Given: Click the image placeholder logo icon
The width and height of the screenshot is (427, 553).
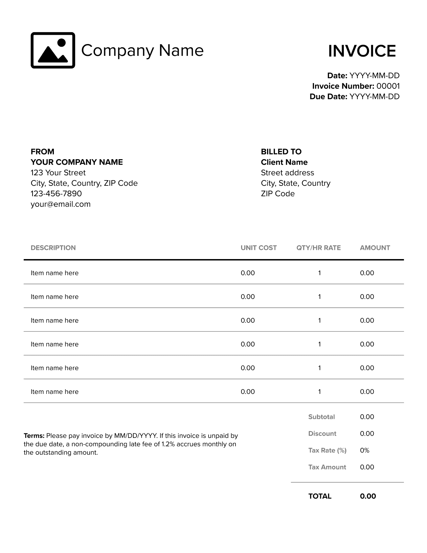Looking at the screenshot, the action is click(53, 50).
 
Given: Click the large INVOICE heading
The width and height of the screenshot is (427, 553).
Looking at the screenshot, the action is click(362, 51).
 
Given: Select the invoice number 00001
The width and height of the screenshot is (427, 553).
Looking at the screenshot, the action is click(388, 86).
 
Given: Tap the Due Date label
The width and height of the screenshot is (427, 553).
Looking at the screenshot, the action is click(328, 97).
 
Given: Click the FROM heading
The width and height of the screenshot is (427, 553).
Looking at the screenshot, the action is click(42, 152).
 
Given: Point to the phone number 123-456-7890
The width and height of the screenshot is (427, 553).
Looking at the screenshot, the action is click(56, 194).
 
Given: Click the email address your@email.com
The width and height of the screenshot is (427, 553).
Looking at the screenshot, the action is click(60, 204).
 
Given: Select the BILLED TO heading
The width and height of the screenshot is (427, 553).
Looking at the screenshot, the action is click(281, 152).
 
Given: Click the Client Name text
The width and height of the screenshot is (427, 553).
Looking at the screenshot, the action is click(284, 162).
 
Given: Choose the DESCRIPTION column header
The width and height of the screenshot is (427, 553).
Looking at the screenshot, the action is click(53, 248).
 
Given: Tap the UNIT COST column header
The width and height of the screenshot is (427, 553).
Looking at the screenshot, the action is click(258, 248).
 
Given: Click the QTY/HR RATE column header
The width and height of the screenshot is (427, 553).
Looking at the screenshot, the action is click(319, 248).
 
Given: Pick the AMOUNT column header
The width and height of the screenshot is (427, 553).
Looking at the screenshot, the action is click(375, 248).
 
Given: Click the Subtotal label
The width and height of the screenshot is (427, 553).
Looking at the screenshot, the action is click(322, 417).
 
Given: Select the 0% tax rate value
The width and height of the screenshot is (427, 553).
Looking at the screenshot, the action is click(365, 450).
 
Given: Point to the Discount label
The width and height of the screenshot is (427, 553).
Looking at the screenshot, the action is click(322, 434).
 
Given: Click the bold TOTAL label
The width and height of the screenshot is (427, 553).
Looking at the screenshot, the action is click(320, 496).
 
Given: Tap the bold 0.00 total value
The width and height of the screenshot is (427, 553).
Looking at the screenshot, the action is click(368, 496).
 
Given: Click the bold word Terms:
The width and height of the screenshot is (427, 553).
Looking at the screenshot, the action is click(34, 436).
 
